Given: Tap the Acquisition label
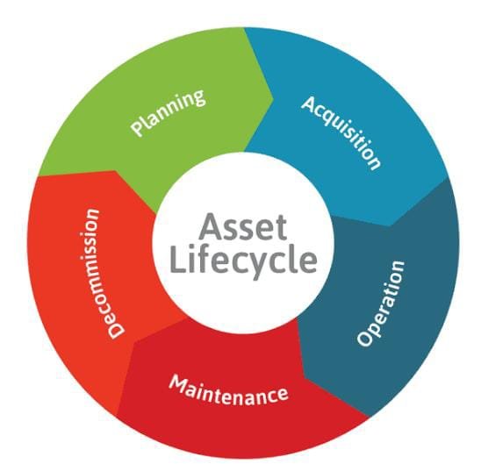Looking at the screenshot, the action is pos(341,132).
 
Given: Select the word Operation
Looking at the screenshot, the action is pos(381,303).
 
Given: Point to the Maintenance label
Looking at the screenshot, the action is pos(229,390).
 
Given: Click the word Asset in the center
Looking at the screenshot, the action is pos(242,227).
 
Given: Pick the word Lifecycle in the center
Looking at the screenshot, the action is pos(243,261).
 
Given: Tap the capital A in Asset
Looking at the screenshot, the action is pos(211,227).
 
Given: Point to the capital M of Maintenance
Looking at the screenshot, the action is pos(178,383).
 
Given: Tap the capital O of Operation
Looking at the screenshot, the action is pos(365,338).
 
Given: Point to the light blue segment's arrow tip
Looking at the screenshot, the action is pos(389,226).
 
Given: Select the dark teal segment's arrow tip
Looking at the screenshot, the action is pos(304,375).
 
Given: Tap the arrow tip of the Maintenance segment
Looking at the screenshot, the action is pos(135,343).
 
